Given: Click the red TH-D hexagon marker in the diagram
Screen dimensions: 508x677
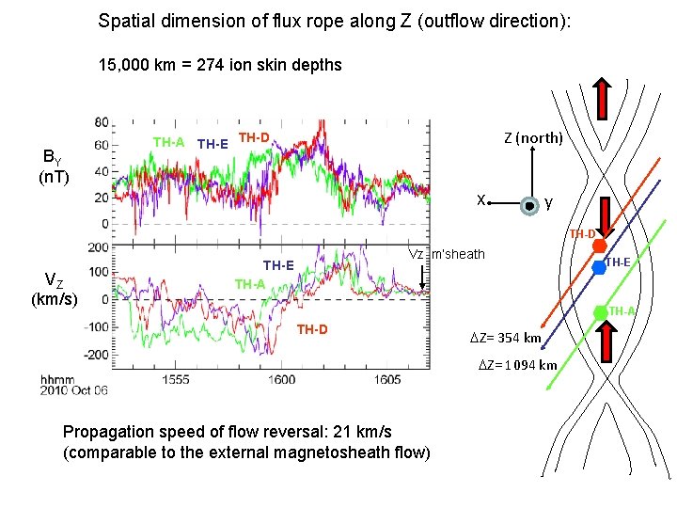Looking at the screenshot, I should click(x=599, y=246).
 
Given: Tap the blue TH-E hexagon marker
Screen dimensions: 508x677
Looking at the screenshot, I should click(x=599, y=267).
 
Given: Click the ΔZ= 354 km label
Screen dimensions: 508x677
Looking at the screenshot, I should click(x=506, y=338).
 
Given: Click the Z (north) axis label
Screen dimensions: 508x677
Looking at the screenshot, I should click(x=533, y=138).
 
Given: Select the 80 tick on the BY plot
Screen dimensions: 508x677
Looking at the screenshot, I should click(x=102, y=121).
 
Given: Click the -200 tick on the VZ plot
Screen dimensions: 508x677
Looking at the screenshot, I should click(x=97, y=356).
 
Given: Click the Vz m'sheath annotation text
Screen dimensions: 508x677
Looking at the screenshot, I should click(x=446, y=254).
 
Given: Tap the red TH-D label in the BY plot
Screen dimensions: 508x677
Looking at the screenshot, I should click(x=254, y=138).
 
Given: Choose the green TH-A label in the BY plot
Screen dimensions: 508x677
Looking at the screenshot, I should click(x=168, y=142).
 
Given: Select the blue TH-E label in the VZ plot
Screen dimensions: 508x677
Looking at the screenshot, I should click(x=278, y=265).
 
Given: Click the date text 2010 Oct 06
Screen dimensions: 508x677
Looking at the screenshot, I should click(x=74, y=391).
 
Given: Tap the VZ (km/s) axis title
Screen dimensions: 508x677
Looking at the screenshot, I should click(x=55, y=288).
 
